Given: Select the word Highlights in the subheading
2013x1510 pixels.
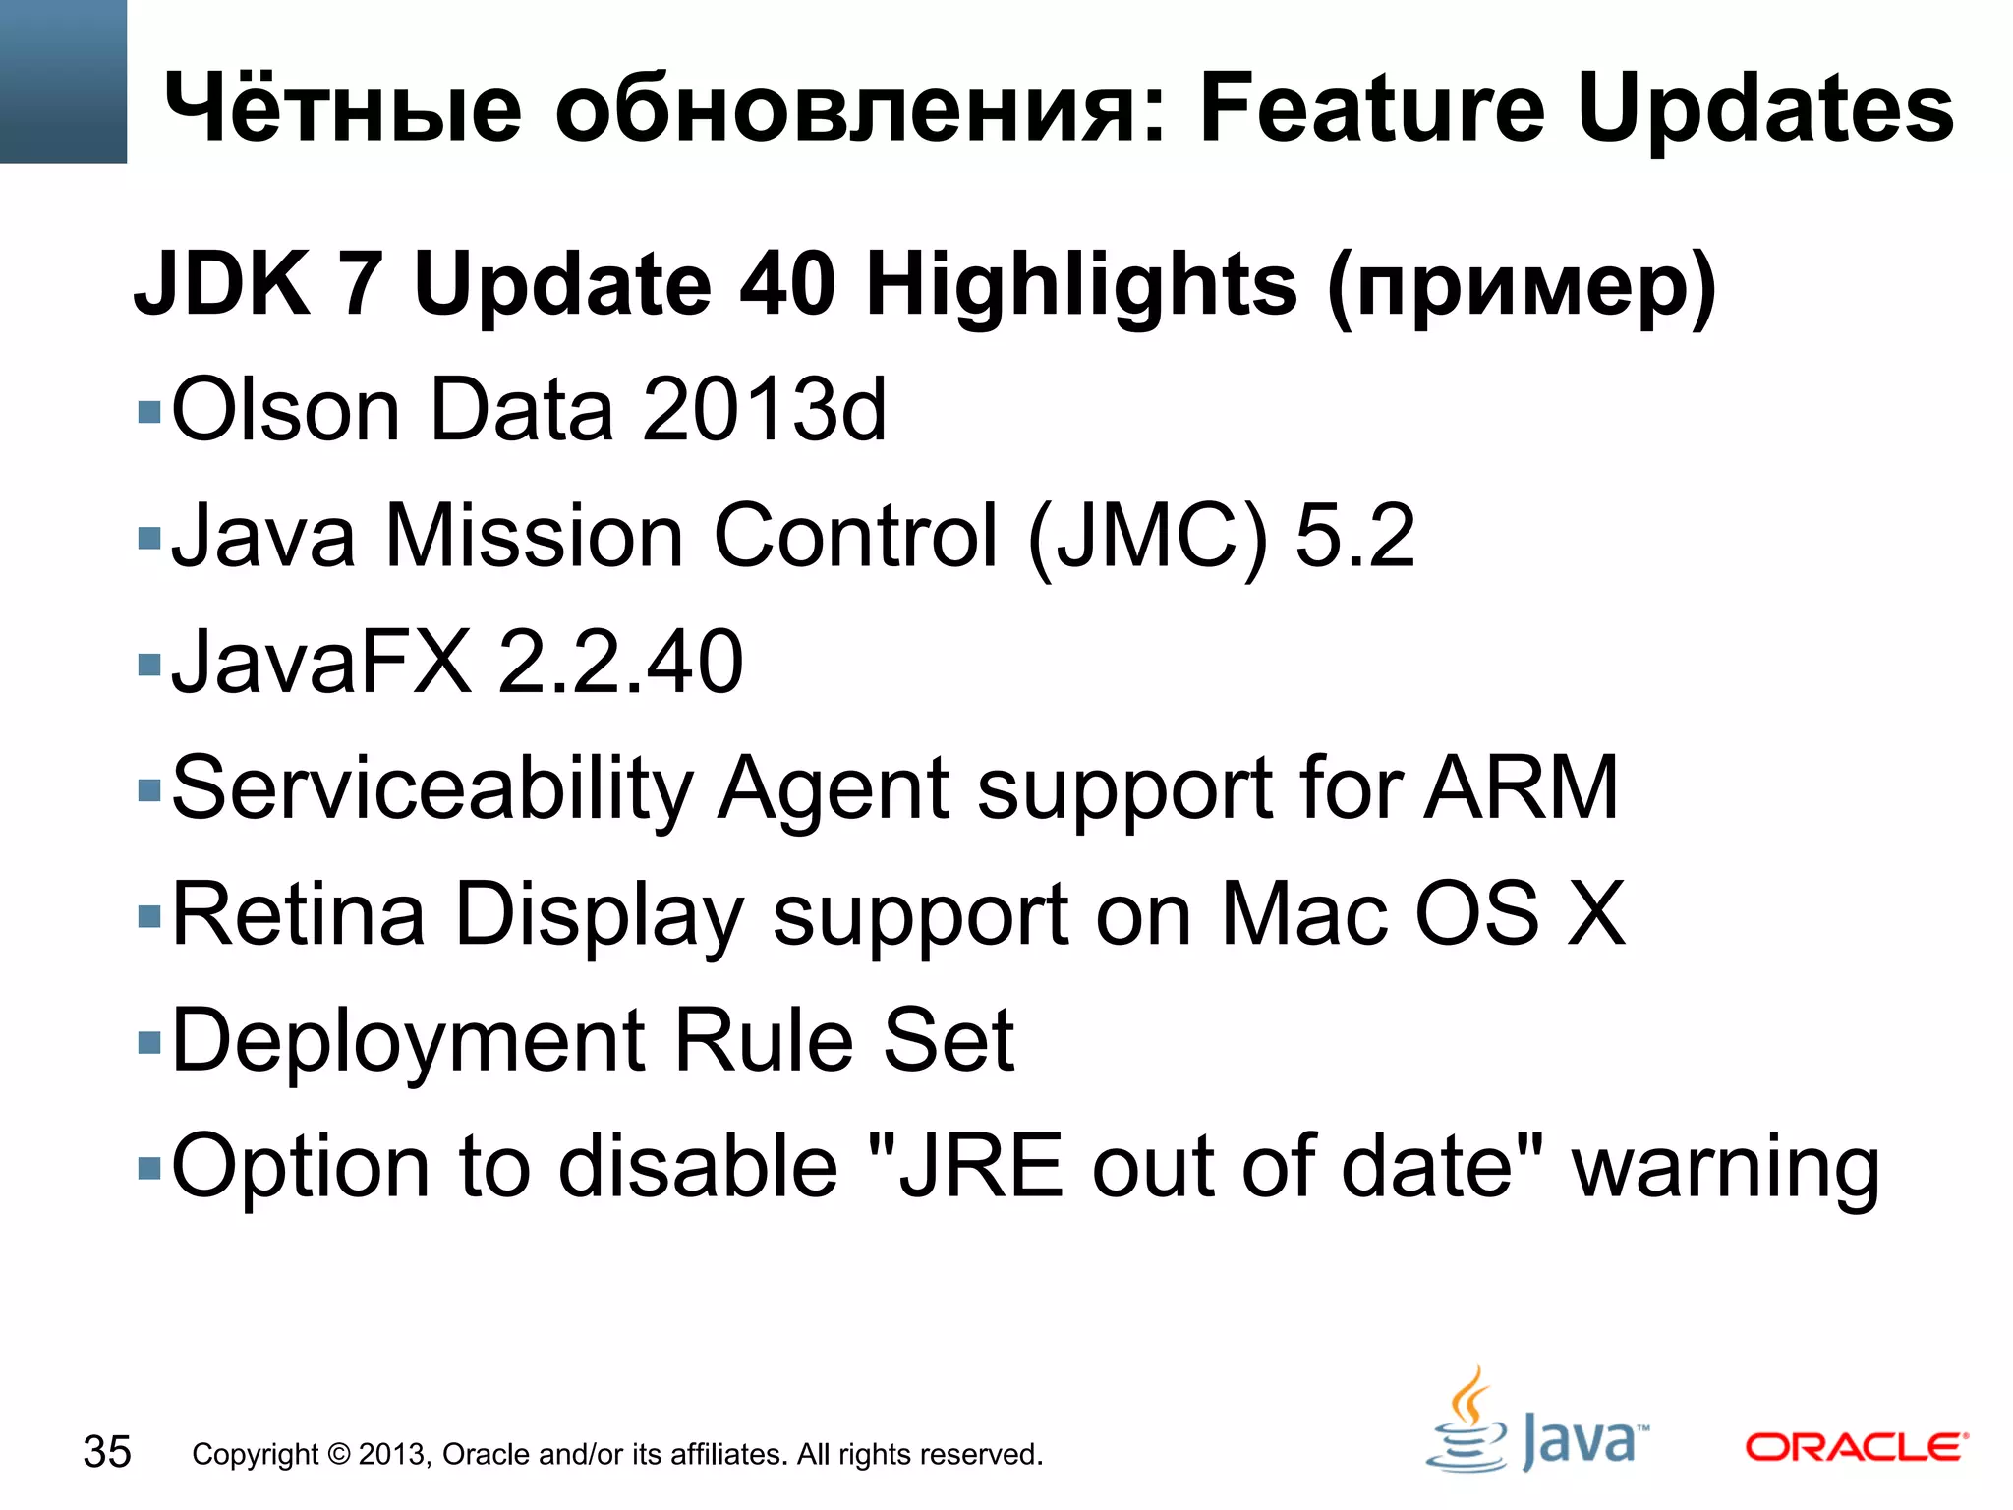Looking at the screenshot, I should (1081, 285).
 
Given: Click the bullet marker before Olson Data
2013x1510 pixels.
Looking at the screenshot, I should (149, 411).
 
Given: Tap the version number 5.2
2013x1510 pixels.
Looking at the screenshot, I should (1354, 537).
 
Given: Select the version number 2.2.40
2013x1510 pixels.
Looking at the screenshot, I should (620, 663).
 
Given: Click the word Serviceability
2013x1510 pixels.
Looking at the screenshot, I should (432, 788).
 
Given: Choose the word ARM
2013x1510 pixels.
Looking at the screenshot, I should (1521, 788).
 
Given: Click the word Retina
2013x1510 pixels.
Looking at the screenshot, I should (299, 914).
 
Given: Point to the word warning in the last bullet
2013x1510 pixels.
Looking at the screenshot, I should (1725, 1168).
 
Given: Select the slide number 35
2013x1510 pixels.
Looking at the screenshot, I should (107, 1452).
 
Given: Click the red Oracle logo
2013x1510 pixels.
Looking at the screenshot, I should (1856, 1447).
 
